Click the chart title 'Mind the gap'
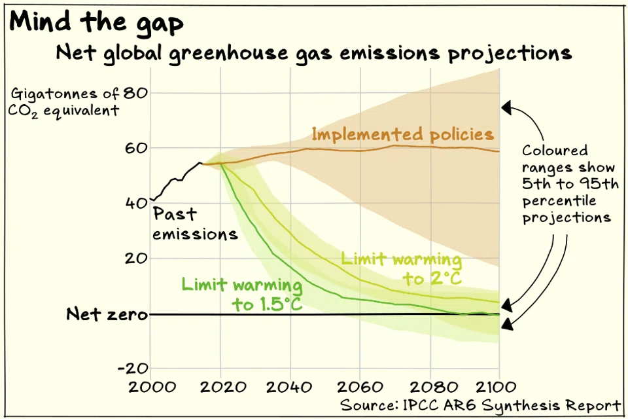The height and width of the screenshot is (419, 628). pos(97,23)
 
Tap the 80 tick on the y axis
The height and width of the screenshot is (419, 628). pos(134,92)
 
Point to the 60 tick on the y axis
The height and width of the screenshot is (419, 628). pos(134,148)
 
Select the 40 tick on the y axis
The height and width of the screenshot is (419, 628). pos(134,203)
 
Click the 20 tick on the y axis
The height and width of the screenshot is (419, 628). pos(134,259)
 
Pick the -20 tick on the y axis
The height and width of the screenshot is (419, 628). pos(131,369)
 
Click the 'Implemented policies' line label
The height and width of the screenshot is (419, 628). pos(402,134)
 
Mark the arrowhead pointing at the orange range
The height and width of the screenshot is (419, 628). pos(506,107)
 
